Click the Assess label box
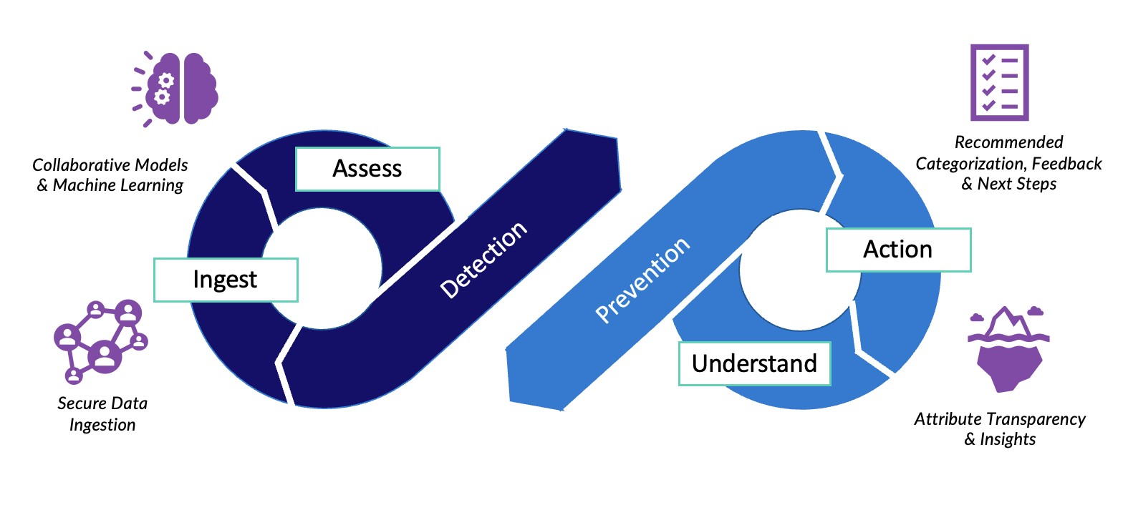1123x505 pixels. pyautogui.click(x=367, y=169)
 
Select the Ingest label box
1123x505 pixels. pyautogui.click(x=226, y=280)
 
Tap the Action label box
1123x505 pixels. pyautogui.click(x=898, y=250)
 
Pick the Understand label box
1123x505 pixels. pyautogui.click(x=754, y=363)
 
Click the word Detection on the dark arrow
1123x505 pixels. pyautogui.click(x=483, y=260)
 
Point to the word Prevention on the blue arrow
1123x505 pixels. pyautogui.click(x=642, y=281)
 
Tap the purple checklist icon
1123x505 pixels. pyautogui.click(x=999, y=82)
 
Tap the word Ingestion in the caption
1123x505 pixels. pyautogui.click(x=102, y=425)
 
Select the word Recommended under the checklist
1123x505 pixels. pyautogui.click(x=1008, y=142)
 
